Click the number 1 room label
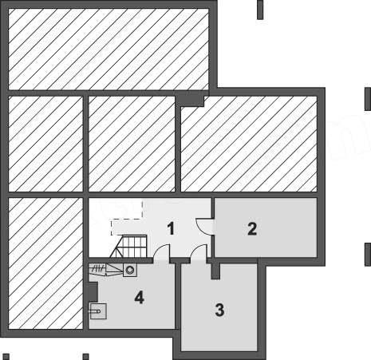pyautogui.click(x=171, y=228)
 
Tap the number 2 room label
pyautogui.click(x=252, y=228)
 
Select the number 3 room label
pyautogui.click(x=219, y=310)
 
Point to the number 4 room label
pyautogui.click(x=140, y=297)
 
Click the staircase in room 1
pyautogui.click(x=128, y=246)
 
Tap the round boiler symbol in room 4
pyautogui.click(x=130, y=270)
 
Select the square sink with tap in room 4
pyautogui.click(x=98, y=311)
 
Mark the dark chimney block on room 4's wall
pyautogui.click(x=93, y=292)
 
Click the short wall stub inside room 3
pyautogui.click(x=215, y=271)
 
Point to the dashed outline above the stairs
pyautogui.click(x=127, y=218)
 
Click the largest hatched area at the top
pyautogui.click(x=109, y=49)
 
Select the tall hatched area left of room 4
pyautogui.click(x=45, y=263)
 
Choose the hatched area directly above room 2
pyautogui.click(x=249, y=144)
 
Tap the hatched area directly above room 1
pyautogui.click(x=132, y=144)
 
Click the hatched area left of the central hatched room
pyautogui.click(x=45, y=144)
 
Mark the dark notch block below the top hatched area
pyautogui.click(x=190, y=101)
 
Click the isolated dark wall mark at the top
pyautogui.click(x=260, y=10)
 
